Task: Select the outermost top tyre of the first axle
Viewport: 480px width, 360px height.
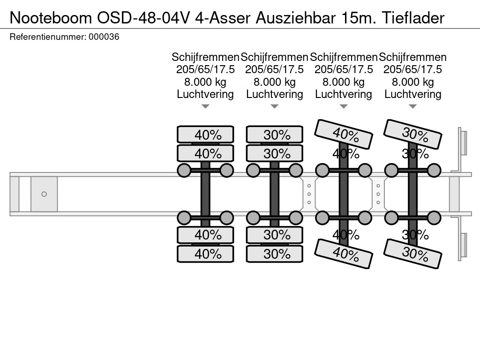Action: tap(205, 135)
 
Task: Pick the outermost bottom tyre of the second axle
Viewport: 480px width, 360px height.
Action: tap(275, 254)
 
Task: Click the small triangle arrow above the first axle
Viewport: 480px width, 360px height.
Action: tap(205, 106)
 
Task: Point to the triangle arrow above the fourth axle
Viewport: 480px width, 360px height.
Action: tap(413, 106)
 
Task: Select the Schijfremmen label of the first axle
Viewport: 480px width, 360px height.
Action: tap(205, 57)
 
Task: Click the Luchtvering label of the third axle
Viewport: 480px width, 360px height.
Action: tap(344, 94)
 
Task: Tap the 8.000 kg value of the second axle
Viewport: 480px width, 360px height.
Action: tap(275, 82)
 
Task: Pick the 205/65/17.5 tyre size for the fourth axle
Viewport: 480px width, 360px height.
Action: tap(413, 69)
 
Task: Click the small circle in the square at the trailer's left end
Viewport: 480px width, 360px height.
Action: tap(44, 194)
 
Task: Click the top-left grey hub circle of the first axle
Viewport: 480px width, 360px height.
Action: tap(184, 170)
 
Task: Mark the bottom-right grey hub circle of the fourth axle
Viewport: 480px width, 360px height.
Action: tap(434, 217)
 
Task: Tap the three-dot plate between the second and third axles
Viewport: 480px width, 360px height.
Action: tap(309, 194)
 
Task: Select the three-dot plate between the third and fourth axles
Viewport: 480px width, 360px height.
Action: tap(378, 194)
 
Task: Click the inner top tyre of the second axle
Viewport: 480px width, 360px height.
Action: tap(275, 153)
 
